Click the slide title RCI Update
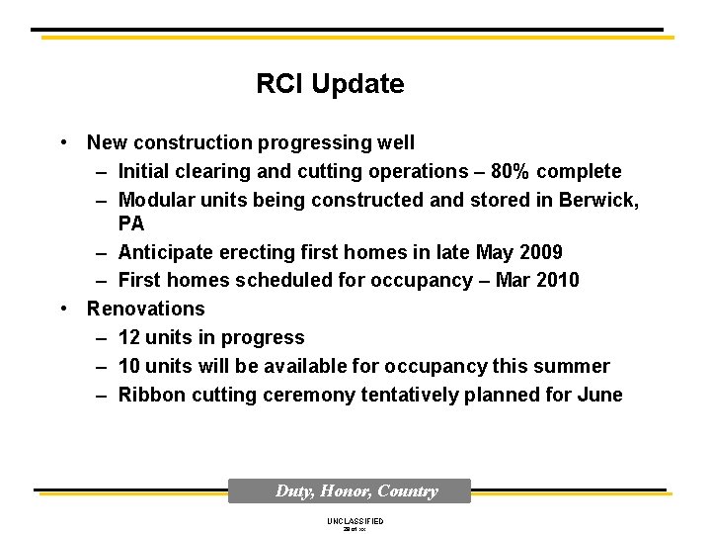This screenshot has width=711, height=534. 330,84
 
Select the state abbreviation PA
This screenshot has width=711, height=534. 131,223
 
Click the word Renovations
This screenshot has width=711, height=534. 146,309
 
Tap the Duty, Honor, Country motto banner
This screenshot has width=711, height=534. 356,491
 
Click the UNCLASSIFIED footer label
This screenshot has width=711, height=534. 355,521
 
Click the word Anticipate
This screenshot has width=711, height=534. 161,252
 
